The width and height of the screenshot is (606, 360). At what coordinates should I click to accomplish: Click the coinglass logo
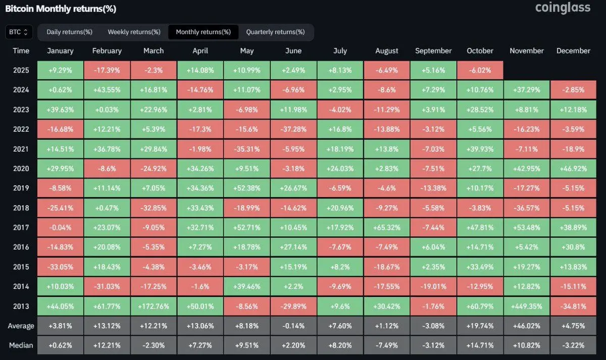pos(563,8)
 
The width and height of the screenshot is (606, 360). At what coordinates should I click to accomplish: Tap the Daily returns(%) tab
pos(69,32)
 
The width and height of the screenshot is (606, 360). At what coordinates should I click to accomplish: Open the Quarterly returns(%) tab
pos(275,32)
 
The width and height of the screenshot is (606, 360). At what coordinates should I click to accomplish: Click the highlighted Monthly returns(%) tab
pos(203,32)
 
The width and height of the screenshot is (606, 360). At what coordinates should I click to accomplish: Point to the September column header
pos(433,50)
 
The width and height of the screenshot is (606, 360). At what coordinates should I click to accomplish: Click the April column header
pos(200,50)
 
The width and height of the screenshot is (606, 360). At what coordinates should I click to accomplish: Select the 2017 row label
pos(21,228)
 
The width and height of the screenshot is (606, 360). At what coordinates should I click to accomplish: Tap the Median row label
pos(21,345)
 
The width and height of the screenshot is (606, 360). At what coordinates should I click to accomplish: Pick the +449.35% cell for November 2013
pos(527,306)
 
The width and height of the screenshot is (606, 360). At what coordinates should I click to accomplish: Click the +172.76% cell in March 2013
pos(154,306)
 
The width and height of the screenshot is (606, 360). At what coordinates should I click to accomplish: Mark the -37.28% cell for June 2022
pos(293,129)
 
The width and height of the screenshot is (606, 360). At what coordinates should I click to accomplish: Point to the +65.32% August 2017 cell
pos(387,228)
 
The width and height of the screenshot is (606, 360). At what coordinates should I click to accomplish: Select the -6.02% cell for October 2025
pos(480,70)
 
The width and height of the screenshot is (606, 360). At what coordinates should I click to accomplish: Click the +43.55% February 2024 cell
pos(107,90)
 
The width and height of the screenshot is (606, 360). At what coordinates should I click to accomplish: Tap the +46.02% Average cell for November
pos(527,326)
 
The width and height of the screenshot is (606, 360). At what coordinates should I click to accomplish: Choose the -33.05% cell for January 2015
pos(60,267)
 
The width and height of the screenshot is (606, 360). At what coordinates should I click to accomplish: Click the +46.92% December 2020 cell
pos(573,169)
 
